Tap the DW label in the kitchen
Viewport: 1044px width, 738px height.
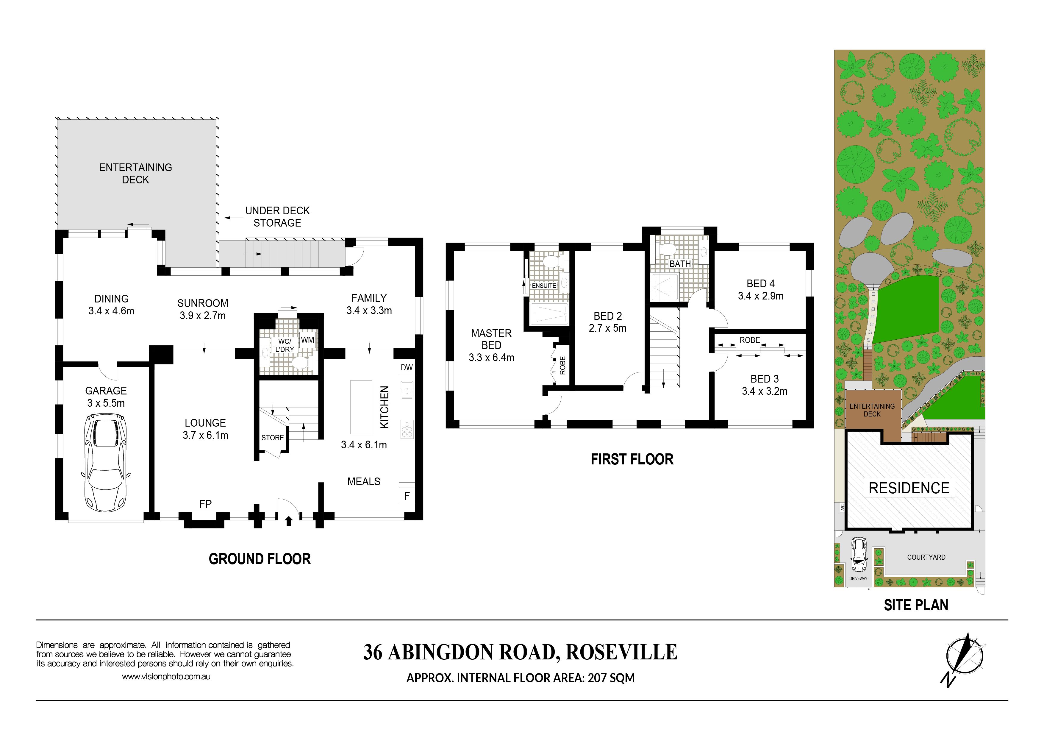[x=407, y=367]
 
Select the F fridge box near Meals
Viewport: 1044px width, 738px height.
[x=407, y=496]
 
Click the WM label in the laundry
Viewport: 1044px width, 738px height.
[x=307, y=340]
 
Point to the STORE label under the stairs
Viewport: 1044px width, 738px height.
[x=272, y=437]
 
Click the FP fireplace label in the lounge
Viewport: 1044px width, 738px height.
[x=206, y=504]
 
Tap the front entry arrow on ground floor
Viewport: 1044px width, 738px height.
[x=288, y=521]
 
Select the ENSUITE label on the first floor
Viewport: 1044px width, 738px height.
[x=544, y=285]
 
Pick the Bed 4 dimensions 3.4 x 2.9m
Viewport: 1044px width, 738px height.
[x=761, y=296]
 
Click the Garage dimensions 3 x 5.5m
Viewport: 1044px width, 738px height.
[x=106, y=403]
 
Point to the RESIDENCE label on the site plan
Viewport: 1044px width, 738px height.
[x=909, y=488]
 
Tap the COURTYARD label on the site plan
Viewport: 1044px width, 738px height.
[x=926, y=557]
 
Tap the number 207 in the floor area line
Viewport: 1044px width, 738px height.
[x=597, y=678]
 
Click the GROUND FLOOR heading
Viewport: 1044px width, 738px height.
[x=260, y=559]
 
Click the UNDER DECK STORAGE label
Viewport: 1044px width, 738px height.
[x=277, y=216]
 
